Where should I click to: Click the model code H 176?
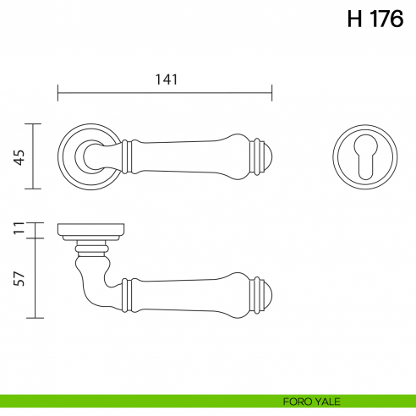[375, 20]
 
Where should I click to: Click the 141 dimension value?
[165, 79]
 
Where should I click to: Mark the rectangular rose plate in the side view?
[91, 230]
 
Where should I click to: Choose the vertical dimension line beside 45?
[34, 156]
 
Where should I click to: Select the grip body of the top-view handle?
[190, 156]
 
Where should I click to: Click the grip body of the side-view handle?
[190, 293]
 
